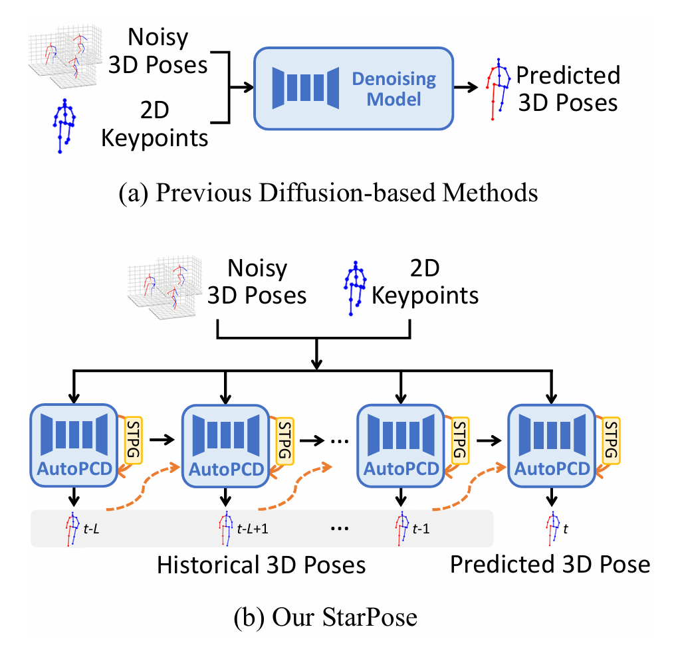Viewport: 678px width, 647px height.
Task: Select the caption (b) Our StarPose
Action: click(325, 618)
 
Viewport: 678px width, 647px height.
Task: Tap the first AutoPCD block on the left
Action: click(75, 442)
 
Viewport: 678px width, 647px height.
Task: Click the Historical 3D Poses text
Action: click(261, 565)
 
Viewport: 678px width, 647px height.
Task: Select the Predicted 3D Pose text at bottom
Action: click(549, 564)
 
